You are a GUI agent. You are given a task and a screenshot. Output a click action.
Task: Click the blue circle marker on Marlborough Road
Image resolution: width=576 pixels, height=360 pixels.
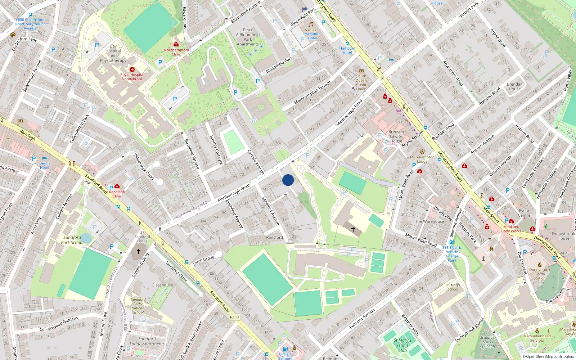point(288,180)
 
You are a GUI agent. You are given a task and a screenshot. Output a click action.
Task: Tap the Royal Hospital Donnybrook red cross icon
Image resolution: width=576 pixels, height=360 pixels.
point(132,69)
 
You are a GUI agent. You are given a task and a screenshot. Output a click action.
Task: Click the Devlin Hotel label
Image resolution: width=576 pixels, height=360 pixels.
point(44,166)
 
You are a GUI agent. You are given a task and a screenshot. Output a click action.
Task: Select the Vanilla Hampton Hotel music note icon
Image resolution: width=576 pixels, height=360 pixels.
point(311,24)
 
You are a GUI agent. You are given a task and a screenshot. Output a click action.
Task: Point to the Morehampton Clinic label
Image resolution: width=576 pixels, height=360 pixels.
point(176,52)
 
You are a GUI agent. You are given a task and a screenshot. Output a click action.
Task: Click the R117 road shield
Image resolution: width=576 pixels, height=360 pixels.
point(234,317)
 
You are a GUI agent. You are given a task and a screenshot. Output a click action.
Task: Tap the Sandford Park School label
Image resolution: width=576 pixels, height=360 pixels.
point(72,240)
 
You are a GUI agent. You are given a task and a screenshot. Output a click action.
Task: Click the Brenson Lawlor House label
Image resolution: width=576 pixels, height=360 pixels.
point(396,136)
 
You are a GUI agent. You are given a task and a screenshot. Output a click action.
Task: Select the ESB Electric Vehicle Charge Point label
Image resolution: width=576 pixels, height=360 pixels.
point(452,254)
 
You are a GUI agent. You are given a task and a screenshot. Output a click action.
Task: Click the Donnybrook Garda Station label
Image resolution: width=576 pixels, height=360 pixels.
point(539,274)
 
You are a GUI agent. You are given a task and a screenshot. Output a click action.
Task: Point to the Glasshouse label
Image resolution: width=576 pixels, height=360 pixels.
point(162,285)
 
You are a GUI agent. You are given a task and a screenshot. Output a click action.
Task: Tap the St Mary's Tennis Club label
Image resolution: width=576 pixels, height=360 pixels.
point(402,345)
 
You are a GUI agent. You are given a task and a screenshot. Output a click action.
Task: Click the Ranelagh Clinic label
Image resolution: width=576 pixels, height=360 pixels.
point(117,194)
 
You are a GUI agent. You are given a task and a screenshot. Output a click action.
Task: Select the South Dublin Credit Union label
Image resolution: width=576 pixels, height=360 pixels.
point(361,82)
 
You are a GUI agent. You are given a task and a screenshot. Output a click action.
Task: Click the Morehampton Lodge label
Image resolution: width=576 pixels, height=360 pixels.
point(422,159)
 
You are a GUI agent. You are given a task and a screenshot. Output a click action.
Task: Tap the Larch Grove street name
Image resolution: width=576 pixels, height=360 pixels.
point(203,260)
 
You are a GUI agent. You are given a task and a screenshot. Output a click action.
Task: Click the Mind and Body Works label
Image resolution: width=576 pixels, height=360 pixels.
point(511,229)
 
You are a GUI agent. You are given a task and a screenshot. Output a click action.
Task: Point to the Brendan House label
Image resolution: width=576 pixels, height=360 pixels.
point(514,86)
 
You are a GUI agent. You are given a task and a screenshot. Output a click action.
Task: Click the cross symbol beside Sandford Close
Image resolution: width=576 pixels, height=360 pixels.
point(138,251)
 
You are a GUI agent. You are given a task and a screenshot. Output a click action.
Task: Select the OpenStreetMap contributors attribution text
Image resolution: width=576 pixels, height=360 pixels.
point(548,357)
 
